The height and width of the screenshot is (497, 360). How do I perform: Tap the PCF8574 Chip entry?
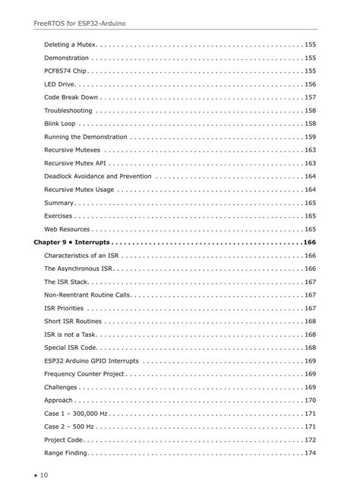(x=65, y=71)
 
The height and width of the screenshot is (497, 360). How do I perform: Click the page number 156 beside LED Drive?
(x=310, y=84)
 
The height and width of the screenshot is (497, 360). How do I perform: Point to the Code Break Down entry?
(x=73, y=97)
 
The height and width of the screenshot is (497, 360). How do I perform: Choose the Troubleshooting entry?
(x=68, y=111)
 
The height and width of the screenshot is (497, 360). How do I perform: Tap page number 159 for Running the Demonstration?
(x=310, y=137)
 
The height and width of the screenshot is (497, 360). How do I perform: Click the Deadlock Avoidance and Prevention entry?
(x=98, y=176)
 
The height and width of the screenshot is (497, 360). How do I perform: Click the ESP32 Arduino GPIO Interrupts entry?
(x=91, y=361)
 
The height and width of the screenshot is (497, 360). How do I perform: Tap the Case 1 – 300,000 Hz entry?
(x=77, y=414)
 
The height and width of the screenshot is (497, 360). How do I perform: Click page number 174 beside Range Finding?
(x=310, y=453)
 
